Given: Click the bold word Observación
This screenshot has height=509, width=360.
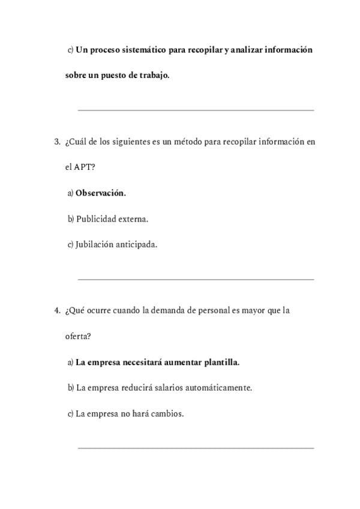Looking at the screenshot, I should coord(101,193).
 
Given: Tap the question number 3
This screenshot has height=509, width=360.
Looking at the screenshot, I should coord(57,142).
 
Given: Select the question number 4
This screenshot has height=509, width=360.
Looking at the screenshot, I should coord(57,311).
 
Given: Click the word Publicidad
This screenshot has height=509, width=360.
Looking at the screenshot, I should coord(96,219).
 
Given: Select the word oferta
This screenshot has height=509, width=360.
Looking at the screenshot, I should coord(77,337).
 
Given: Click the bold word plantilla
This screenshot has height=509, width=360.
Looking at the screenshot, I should coord(221,363).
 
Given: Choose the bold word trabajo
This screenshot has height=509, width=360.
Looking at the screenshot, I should coord(153,76).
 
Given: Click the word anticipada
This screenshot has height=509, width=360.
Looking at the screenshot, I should coord(136,245).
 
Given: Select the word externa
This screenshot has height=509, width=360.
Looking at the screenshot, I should coord(134,219).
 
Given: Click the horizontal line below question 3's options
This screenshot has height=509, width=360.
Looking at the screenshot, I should coord(196,279).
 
